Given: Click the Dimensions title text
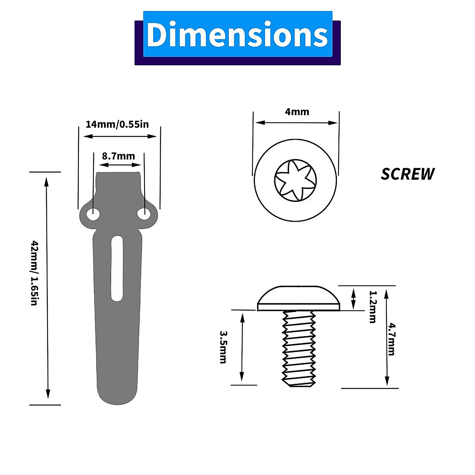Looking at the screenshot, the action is [237, 34].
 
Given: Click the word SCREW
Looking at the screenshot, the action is [407, 174].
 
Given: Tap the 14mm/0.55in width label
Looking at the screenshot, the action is [117, 124].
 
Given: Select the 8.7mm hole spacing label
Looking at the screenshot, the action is [118, 156].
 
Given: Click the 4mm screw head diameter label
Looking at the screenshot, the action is [297, 112].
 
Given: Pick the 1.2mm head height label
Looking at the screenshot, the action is [373, 307].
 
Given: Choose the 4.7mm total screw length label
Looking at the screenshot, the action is [391, 339].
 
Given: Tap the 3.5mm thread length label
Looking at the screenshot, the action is [223, 347].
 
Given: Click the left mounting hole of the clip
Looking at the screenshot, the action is [93, 215].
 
